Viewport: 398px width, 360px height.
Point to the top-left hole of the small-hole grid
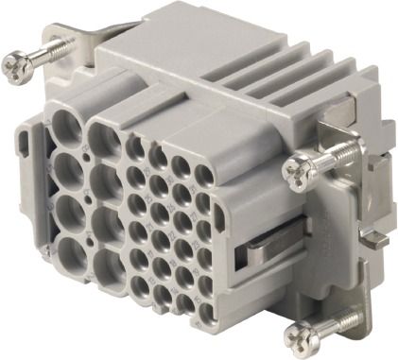135,149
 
